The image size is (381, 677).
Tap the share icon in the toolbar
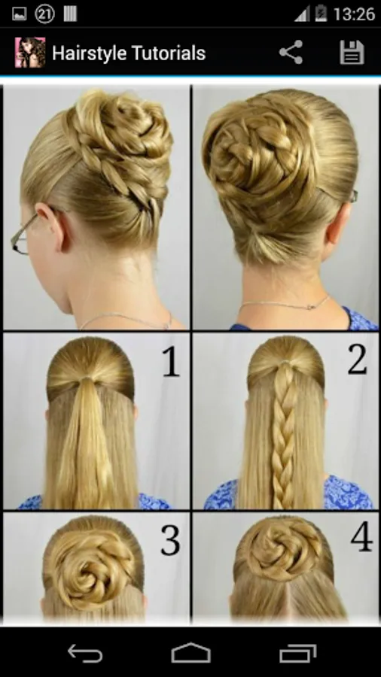291,52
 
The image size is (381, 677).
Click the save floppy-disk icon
352,53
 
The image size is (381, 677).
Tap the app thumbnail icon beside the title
30,52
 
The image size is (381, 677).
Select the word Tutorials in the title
167,53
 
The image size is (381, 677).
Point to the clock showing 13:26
354,14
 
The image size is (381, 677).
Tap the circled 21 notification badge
44,14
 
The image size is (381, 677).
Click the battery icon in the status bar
321,14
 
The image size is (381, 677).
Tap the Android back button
85,653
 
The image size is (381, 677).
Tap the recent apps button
297,653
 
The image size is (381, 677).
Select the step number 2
357,360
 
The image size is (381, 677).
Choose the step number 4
361,536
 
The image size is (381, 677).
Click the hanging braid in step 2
283,436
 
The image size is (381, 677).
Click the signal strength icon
303,14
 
